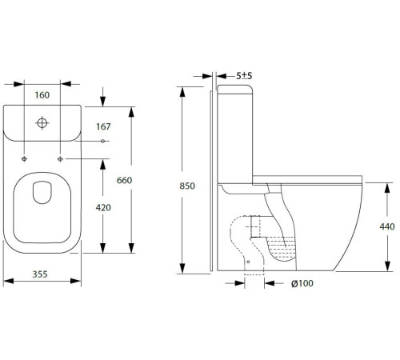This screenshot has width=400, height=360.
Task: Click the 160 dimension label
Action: (42, 95)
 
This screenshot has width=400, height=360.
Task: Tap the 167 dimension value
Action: (103, 126)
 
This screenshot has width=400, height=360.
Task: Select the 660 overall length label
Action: (124, 180)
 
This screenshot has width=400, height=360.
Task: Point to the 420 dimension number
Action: (103, 207)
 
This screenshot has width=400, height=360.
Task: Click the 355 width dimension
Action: (40, 274)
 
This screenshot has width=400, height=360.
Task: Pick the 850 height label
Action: (187, 186)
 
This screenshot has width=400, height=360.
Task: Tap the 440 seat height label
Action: (387, 226)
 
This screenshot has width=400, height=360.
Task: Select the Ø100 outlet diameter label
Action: (302, 283)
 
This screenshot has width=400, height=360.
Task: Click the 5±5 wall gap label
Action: (244, 76)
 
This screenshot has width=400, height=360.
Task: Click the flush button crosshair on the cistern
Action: (42, 123)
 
